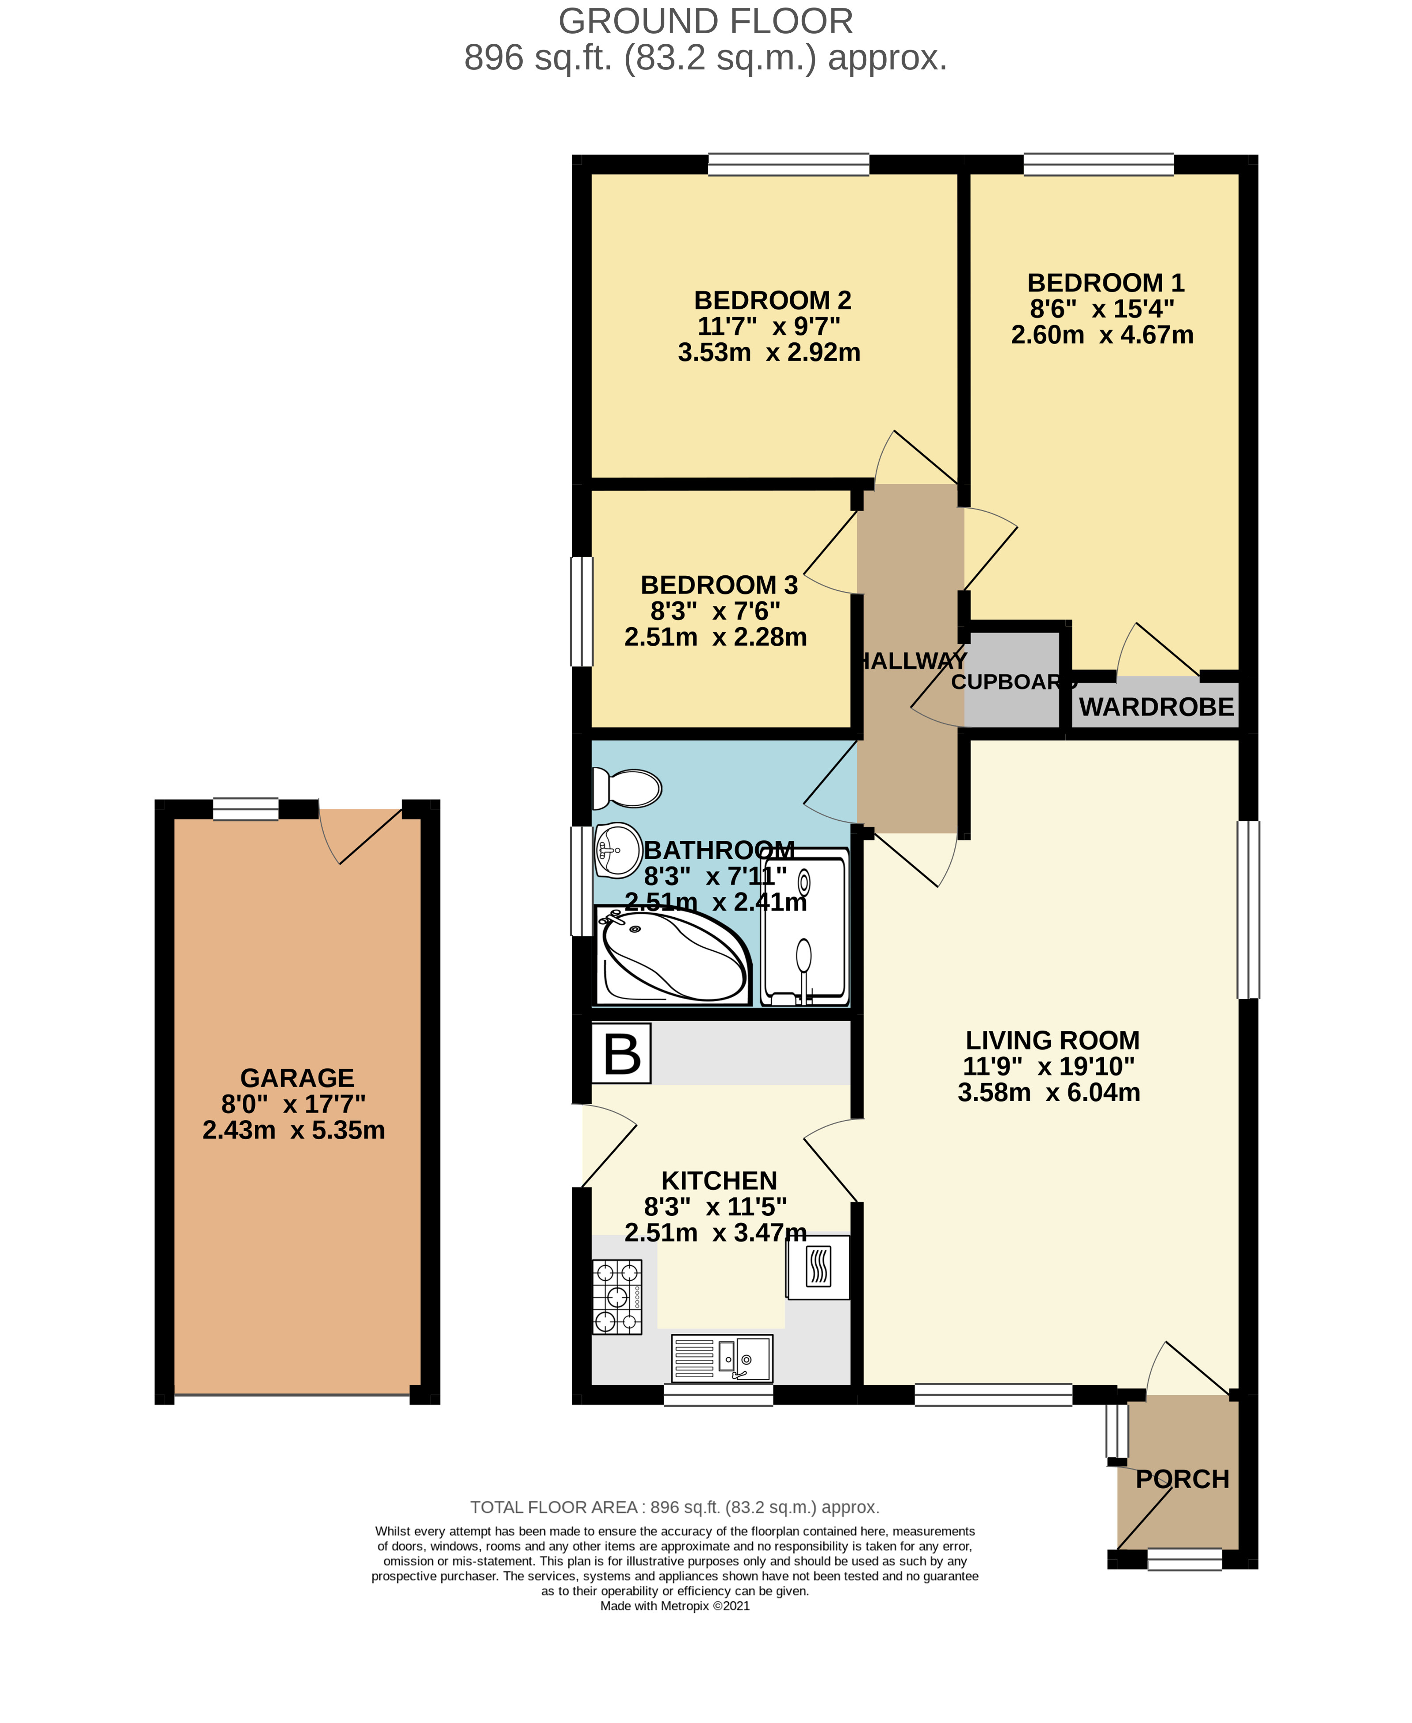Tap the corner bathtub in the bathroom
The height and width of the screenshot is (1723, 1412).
click(x=673, y=956)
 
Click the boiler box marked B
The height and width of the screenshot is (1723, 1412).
click(x=621, y=1053)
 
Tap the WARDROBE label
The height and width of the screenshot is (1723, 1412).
click(x=1156, y=707)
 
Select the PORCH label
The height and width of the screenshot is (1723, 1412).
click(x=1182, y=1479)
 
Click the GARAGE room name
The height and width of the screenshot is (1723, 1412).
click(x=297, y=1078)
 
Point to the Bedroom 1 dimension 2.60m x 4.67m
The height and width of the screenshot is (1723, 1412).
click(x=1102, y=334)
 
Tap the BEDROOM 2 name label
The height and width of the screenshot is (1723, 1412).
click(x=773, y=300)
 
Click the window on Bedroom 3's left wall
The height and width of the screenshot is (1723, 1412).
click(x=582, y=611)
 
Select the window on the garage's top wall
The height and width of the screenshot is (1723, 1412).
click(x=245, y=809)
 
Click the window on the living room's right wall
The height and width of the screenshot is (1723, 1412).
click(x=1248, y=910)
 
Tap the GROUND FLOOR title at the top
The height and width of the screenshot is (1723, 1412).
click(x=706, y=21)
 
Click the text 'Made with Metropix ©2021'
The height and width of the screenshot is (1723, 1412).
click(x=675, y=1622)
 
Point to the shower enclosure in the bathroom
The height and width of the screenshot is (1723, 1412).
click(x=804, y=927)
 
